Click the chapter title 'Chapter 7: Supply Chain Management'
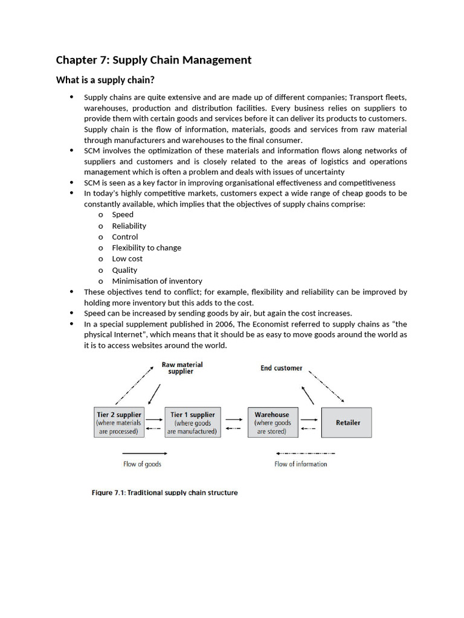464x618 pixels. click(153, 60)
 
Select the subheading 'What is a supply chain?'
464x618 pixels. click(109, 80)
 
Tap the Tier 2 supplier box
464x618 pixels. click(119, 422)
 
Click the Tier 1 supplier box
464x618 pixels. click(192, 422)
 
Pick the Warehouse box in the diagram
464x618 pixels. click(271, 422)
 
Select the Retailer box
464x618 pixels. click(347, 422)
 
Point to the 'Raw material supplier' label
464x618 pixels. click(181, 368)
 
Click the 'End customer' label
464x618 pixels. click(281, 368)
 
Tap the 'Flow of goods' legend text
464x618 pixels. click(142, 464)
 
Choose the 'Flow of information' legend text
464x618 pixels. click(300, 464)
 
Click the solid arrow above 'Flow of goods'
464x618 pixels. click(145, 453)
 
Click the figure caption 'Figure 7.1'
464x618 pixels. click(164, 492)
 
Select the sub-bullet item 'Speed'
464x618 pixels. click(123, 215)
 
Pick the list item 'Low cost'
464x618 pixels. click(127, 259)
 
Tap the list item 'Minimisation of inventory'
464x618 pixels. click(157, 281)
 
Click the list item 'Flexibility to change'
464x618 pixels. click(146, 248)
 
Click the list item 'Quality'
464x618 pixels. click(124, 270)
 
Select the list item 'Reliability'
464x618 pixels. click(129, 226)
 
